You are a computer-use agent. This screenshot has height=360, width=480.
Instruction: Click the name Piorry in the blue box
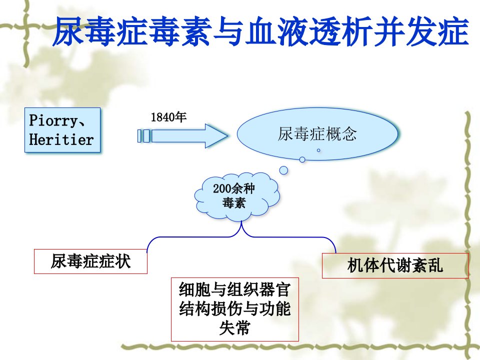(52, 120)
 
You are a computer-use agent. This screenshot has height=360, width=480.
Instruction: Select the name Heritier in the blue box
(61, 139)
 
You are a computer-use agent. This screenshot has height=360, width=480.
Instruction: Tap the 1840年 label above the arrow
(168, 117)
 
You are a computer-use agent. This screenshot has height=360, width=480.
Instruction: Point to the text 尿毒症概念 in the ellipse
(317, 134)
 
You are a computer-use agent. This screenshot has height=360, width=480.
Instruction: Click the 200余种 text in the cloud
(234, 188)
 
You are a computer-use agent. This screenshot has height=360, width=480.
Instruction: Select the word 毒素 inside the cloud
(234, 202)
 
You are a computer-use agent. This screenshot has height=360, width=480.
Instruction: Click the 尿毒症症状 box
(90, 261)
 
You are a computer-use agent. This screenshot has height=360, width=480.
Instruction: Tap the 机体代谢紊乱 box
(395, 265)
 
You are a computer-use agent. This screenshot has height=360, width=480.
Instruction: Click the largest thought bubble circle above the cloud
(284, 170)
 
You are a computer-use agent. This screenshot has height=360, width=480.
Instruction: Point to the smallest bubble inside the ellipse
(318, 150)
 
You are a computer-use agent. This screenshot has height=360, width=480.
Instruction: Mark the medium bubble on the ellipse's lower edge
(302, 159)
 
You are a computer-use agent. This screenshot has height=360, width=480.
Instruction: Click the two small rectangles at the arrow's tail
(143, 136)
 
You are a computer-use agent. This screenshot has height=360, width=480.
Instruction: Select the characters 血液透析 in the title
(309, 31)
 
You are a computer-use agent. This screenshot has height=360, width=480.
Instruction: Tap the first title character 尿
(68, 31)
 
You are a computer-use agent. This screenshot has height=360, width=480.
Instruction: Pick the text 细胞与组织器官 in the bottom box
(234, 289)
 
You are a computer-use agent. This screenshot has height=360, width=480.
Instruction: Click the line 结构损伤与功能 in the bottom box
(234, 308)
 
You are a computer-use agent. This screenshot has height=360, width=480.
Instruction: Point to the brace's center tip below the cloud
(241, 221)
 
